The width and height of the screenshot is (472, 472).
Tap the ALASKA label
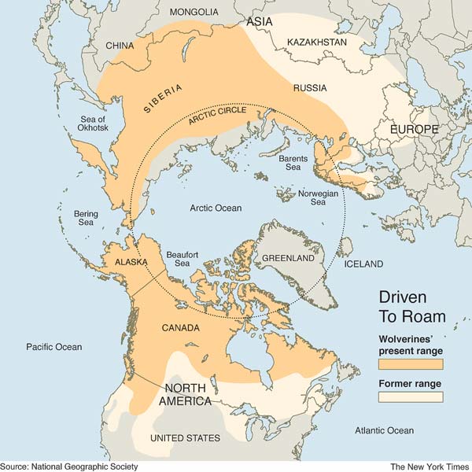click(130, 261)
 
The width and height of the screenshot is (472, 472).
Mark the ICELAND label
click(363, 264)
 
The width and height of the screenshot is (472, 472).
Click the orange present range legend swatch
click(411, 364)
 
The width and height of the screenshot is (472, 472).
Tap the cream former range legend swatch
click(411, 396)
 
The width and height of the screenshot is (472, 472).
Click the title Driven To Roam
click(412, 306)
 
